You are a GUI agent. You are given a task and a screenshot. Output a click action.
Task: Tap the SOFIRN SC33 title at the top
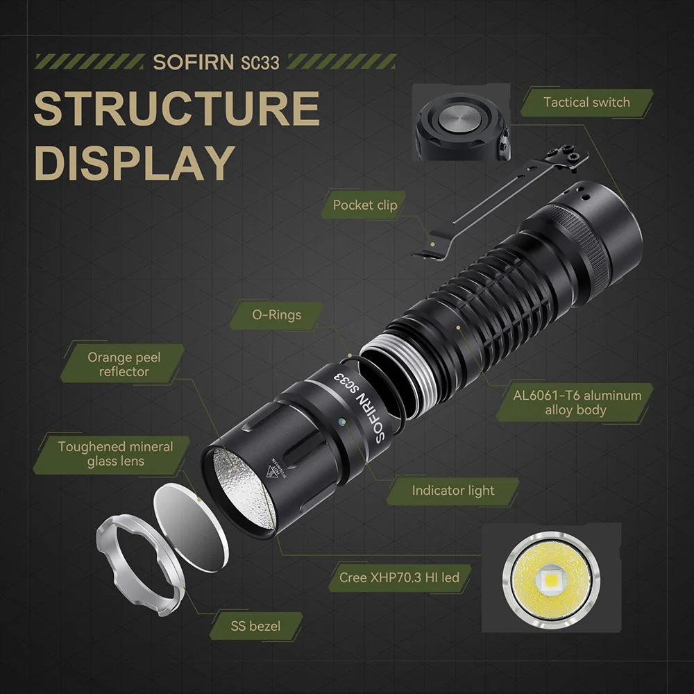(x=216, y=62)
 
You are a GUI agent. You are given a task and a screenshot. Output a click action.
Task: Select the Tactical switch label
(x=586, y=103)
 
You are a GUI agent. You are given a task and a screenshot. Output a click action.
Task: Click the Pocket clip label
(x=365, y=205)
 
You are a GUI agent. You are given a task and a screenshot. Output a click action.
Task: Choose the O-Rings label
(x=277, y=315)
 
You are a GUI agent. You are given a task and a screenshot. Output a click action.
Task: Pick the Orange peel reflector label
(x=124, y=364)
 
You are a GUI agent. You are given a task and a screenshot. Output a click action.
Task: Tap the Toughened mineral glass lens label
(x=115, y=454)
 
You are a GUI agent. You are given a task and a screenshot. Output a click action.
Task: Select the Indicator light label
(x=453, y=491)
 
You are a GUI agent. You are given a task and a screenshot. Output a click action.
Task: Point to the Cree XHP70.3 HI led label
(x=399, y=577)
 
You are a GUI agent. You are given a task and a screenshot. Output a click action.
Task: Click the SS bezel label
(x=255, y=626)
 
